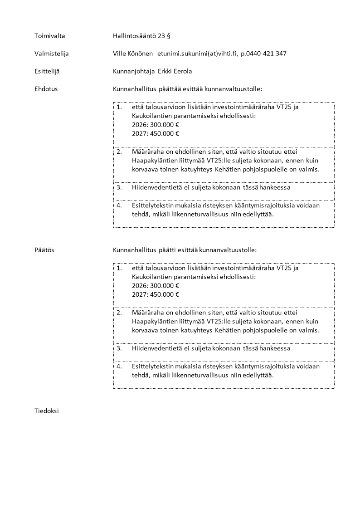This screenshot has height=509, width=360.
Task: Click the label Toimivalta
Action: coord(50,36)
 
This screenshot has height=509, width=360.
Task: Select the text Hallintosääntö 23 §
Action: coord(141,36)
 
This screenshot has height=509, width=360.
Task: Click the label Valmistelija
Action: coord(52,54)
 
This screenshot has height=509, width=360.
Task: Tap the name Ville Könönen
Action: coord(133,54)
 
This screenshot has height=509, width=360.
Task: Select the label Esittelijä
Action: coord(47,71)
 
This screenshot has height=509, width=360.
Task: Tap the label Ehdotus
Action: coord(46,89)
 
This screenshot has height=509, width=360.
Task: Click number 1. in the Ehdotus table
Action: coord(119,108)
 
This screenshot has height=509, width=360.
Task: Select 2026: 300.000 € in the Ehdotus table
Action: coord(156,125)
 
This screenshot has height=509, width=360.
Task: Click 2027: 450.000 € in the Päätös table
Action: coord(156,294)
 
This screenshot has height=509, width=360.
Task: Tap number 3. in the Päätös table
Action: coord(119,348)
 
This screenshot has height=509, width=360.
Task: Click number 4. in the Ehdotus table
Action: coord(119,205)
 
